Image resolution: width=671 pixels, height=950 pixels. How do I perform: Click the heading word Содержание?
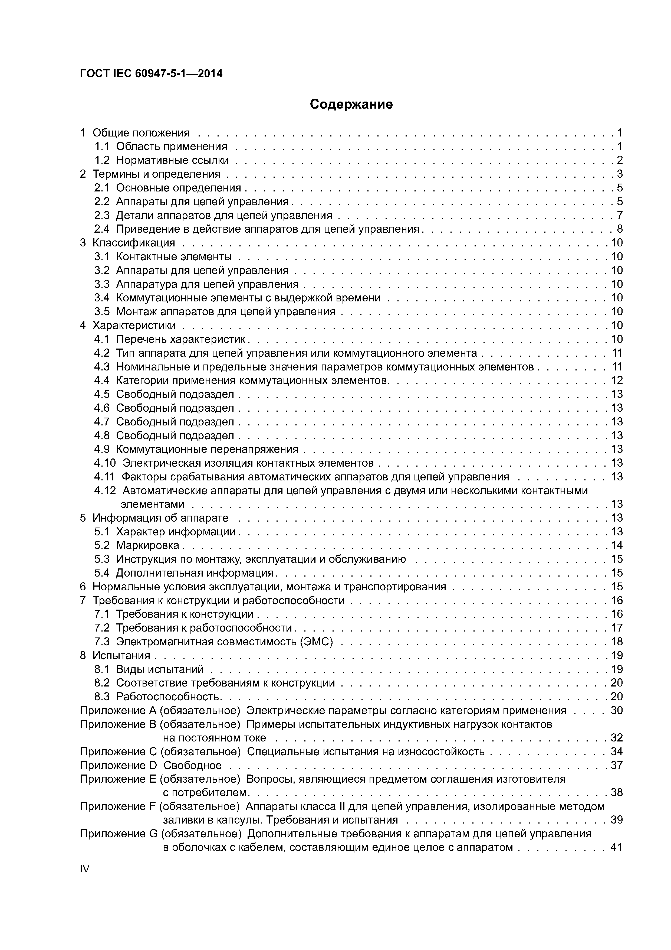tap(351, 104)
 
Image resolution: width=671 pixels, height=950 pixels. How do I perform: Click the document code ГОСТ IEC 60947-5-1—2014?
tap(151, 74)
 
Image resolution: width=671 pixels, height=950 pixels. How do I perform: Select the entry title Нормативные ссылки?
tap(172, 160)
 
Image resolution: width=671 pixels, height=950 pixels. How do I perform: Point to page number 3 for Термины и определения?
tap(619, 174)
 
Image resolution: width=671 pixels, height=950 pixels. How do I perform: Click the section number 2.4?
tap(102, 229)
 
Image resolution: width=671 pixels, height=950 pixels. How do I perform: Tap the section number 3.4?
tap(102, 298)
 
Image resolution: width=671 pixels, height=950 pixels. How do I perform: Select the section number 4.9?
tap(102, 449)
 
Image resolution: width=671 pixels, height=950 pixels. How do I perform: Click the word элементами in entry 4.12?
tap(152, 504)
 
